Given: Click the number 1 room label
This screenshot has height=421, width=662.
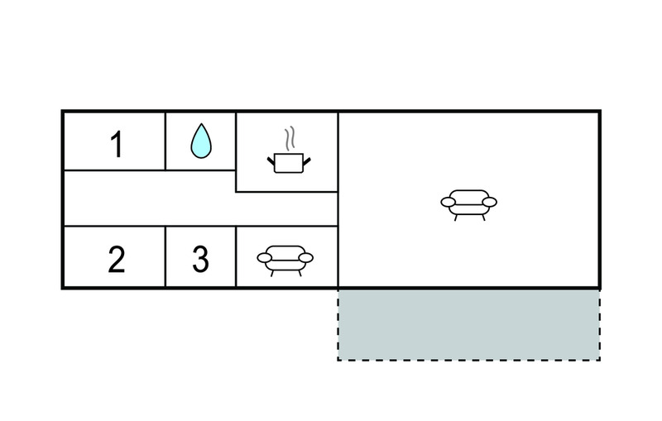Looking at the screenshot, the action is (x=117, y=144).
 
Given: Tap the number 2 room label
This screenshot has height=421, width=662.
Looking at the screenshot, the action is (x=117, y=259).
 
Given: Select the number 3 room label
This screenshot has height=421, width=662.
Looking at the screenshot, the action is (x=200, y=259).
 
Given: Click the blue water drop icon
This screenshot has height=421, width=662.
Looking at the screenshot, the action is (x=201, y=141).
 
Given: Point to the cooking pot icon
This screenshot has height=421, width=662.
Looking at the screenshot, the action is (x=289, y=163).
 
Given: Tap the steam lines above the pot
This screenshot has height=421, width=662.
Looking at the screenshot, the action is (x=289, y=138).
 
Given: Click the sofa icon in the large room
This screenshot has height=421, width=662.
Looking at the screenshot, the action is (x=468, y=205).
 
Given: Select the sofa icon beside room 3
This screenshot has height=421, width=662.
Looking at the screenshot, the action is (x=285, y=261).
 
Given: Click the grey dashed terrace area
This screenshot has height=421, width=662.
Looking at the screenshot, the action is (x=468, y=325).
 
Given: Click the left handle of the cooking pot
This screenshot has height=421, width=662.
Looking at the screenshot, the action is (x=271, y=161).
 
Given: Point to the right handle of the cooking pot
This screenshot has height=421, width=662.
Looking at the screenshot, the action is (x=307, y=161).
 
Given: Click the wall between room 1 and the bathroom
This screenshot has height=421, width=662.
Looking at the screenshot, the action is (x=165, y=141).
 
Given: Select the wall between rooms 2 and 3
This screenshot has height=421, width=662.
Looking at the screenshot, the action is (x=165, y=256).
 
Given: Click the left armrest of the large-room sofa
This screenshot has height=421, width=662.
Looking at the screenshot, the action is (x=448, y=202).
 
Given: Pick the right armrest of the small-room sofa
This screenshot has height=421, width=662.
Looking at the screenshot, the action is (x=305, y=258).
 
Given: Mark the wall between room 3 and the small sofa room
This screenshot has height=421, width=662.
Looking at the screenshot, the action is (x=236, y=256).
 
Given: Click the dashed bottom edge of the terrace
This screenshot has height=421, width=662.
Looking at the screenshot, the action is (x=468, y=361).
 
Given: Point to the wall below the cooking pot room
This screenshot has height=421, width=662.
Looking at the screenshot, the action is (x=286, y=192).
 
